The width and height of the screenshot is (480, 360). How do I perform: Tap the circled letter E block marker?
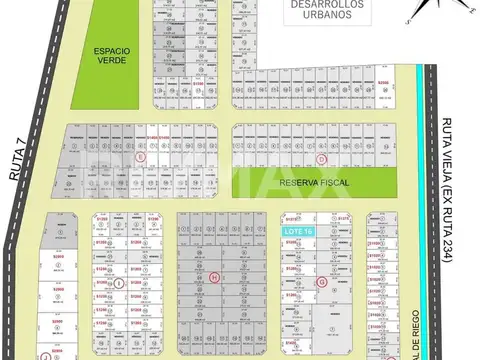coord(142,158)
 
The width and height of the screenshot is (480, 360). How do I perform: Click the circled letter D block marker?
coord(320,158)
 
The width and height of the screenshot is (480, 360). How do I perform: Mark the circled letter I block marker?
coord(120,283)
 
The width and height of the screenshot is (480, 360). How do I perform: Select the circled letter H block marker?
coord(213,277)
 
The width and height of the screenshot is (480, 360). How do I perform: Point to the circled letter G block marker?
coord(322,282)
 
